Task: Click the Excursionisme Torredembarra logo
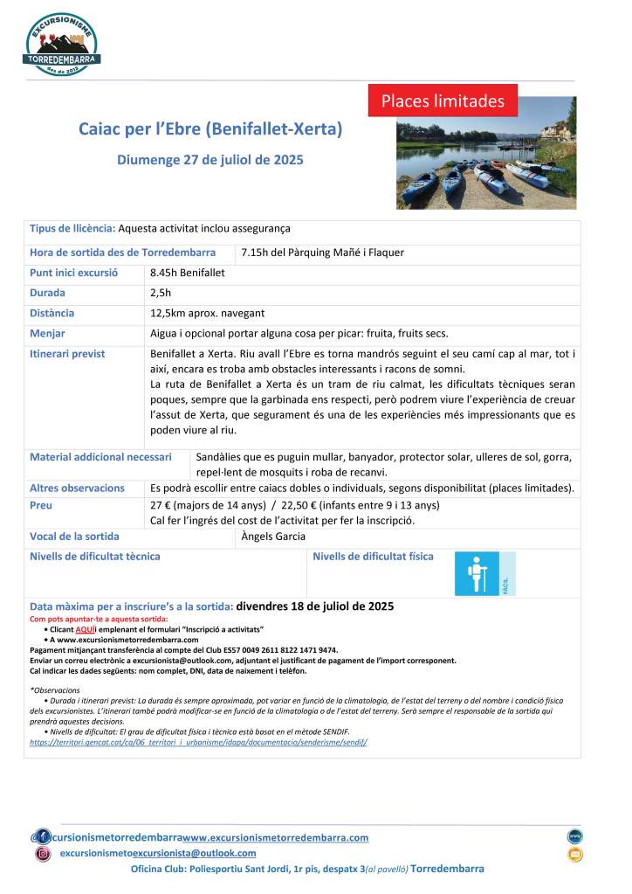[63, 44]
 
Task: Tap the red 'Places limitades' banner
[443, 100]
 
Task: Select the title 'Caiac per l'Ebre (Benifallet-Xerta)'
[210, 129]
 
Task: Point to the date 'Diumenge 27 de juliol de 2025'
[210, 160]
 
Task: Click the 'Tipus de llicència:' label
[72, 228]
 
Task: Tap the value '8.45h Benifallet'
[187, 273]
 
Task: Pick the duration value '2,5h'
[161, 293]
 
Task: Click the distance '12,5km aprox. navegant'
[208, 313]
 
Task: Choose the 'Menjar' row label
[47, 333]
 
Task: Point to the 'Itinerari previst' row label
[67, 353]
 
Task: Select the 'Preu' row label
[41, 505]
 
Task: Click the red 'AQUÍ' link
[85, 629]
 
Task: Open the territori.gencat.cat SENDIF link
[198, 741]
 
